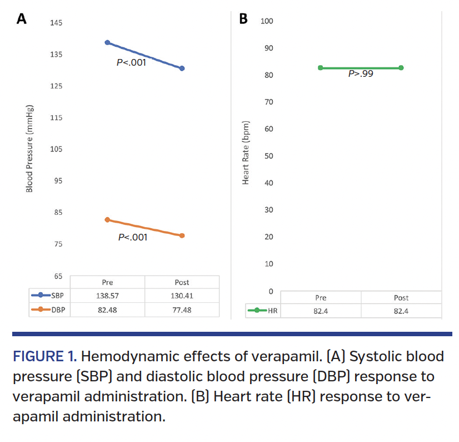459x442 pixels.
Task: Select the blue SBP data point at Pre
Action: coord(107,42)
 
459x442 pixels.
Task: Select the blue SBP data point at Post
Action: coord(182,68)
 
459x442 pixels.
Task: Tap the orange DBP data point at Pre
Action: coord(107,220)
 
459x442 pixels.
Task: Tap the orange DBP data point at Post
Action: coord(182,235)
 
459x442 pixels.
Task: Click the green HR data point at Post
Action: coord(401,68)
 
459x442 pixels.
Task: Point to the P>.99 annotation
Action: coord(361,73)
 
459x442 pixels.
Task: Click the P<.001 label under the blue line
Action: coord(131,63)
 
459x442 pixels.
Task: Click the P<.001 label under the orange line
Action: coord(133,238)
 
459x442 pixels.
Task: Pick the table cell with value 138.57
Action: coord(107,296)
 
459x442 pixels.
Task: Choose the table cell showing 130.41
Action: coord(182,296)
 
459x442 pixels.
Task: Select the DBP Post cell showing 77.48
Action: coord(182,310)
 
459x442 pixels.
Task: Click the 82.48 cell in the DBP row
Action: coord(107,310)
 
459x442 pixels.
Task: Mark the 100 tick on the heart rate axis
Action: coord(267,21)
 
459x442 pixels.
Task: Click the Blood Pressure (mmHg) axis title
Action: coord(29,149)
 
